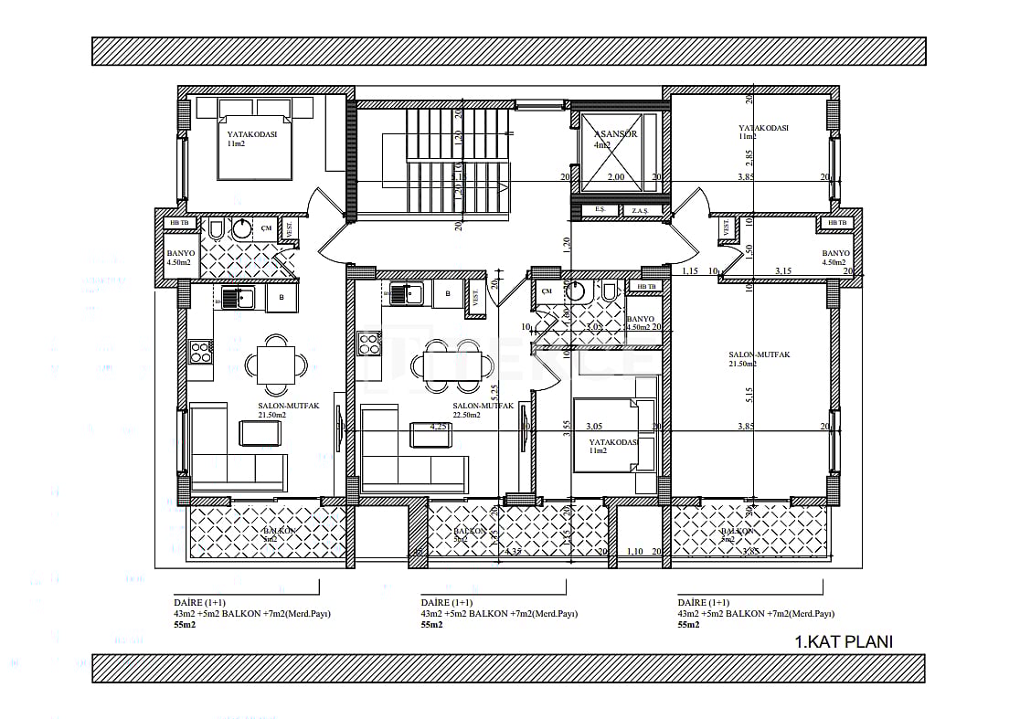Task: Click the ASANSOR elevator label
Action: click(x=614, y=133)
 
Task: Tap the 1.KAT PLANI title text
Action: click(x=844, y=641)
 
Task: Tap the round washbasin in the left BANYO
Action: click(x=241, y=229)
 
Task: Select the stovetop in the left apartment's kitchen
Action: click(x=201, y=351)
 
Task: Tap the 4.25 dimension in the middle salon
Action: click(x=439, y=426)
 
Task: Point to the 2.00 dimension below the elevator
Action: click(x=615, y=177)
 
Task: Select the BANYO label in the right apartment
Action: click(x=835, y=254)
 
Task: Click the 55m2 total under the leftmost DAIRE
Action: click(x=186, y=625)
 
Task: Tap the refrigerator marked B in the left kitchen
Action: click(x=282, y=296)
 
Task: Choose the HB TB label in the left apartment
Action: click(x=177, y=223)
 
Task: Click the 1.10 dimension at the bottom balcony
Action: click(x=636, y=552)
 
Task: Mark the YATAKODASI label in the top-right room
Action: click(x=763, y=129)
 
